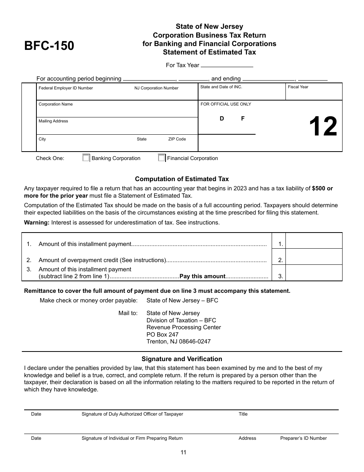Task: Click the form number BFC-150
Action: [x=49, y=46]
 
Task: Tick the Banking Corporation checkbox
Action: [x=86, y=158]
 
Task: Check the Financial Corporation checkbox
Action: [x=162, y=158]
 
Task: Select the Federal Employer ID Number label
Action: [x=66, y=88]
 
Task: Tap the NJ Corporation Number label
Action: [x=156, y=88]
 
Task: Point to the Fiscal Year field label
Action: [x=298, y=87]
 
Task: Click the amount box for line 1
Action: [x=314, y=241]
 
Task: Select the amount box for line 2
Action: [x=314, y=257]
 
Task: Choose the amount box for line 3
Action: [x=314, y=273]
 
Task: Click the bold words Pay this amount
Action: [x=202, y=276]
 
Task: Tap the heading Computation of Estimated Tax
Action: [x=182, y=179]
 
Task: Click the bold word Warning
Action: [x=37, y=223]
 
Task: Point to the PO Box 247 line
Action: [x=162, y=335]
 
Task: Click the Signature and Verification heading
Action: [x=182, y=359]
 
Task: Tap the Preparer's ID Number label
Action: [x=303, y=438]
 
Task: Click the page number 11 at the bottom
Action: [x=183, y=452]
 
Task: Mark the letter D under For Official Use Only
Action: [x=222, y=119]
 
